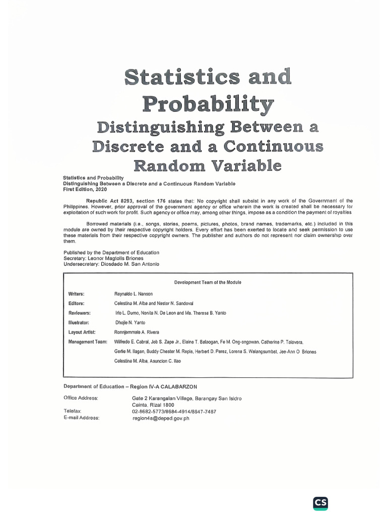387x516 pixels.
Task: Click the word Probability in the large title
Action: pyautogui.click(x=208, y=104)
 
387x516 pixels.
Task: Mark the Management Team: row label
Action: pyautogui.click(x=88, y=342)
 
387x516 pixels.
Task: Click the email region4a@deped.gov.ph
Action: pyautogui.click(x=161, y=418)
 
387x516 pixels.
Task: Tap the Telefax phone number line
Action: pyautogui.click(x=174, y=411)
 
